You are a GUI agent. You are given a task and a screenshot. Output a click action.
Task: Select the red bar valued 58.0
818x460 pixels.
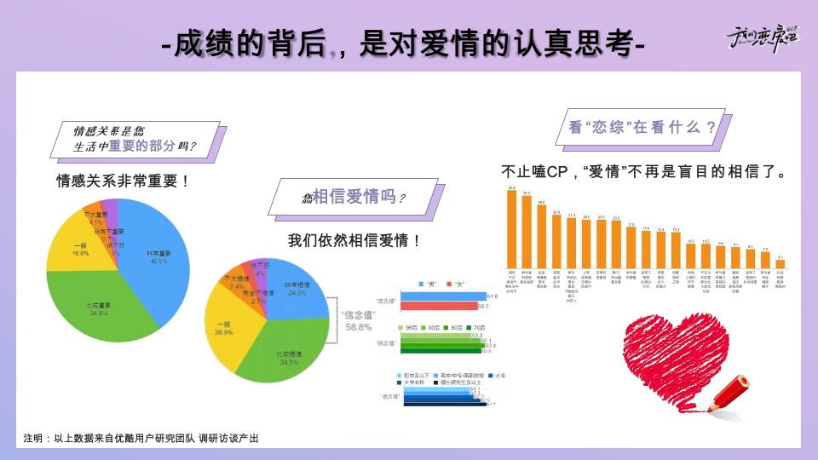click(x=440, y=305)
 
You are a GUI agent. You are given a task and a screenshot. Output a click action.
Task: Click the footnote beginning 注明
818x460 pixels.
click(x=141, y=438)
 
